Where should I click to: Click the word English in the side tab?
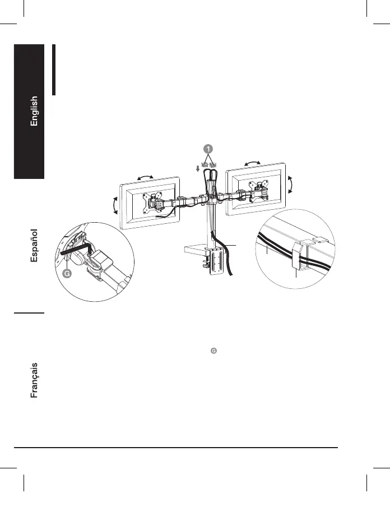tap(34, 111)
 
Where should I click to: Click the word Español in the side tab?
tap(34, 246)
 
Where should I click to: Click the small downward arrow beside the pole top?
tap(198, 169)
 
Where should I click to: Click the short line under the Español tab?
tap(30, 312)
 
